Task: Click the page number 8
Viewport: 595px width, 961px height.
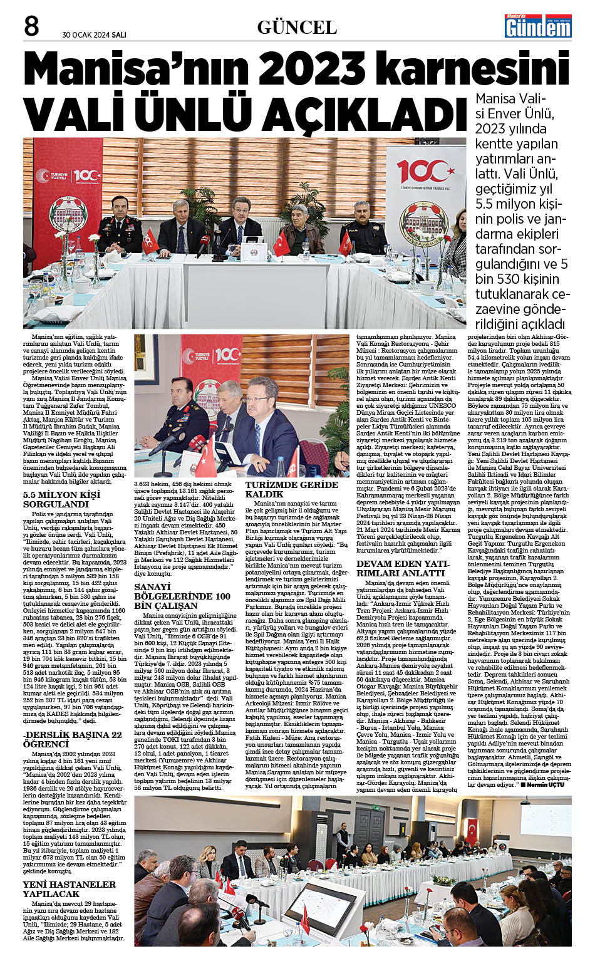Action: (x=31, y=27)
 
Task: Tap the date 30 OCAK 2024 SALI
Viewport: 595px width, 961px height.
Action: (x=94, y=34)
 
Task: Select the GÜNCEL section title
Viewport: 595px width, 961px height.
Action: (x=297, y=28)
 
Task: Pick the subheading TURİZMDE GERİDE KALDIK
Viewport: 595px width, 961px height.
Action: (x=291, y=489)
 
